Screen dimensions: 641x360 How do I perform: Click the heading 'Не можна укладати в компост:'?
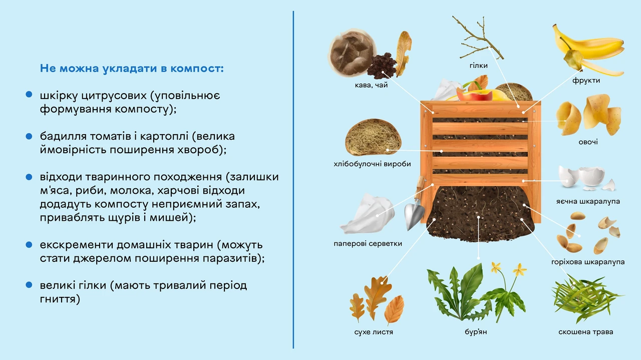[132, 69]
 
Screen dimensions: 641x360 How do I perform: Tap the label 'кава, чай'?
[371, 85]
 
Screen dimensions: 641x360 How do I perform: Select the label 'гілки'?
[478, 66]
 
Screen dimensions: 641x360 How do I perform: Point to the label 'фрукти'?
[586, 81]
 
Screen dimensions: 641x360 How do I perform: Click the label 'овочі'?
[588, 142]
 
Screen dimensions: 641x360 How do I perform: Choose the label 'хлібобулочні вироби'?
[372, 164]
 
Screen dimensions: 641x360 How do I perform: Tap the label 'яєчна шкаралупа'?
[588, 201]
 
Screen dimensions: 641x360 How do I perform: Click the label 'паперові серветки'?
[368, 243]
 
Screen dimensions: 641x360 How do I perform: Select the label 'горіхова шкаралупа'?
[588, 262]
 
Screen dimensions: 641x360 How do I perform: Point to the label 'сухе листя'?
[374, 332]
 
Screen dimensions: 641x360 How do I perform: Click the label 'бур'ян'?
[476, 332]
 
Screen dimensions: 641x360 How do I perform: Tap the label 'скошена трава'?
[585, 332]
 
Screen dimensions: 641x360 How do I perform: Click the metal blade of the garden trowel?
[414, 215]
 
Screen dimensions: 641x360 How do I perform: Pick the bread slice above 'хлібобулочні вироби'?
[373, 137]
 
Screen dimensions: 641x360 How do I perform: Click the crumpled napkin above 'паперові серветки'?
[367, 213]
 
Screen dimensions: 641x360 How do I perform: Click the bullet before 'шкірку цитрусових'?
[29, 95]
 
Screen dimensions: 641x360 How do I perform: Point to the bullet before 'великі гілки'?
[29, 285]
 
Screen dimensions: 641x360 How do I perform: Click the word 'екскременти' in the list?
[77, 245]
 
